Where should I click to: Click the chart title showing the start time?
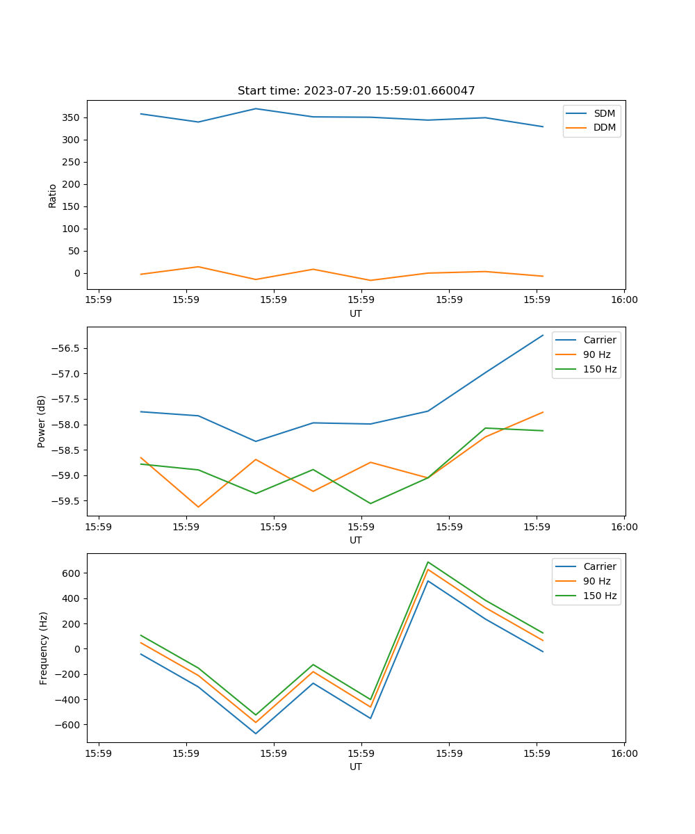click(x=356, y=91)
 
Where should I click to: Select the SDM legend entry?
click(x=604, y=113)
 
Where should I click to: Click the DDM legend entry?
click(x=604, y=127)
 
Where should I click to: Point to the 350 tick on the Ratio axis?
click(x=72, y=117)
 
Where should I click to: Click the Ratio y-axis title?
click(x=53, y=196)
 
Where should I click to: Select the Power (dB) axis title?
click(x=42, y=421)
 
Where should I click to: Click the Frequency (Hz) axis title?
click(x=43, y=648)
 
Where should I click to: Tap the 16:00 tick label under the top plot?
click(x=624, y=300)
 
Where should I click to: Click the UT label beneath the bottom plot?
click(x=356, y=767)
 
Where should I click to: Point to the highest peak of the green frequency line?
click(x=428, y=562)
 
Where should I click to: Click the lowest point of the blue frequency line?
click(x=256, y=733)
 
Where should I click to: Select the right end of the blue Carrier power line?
click(x=543, y=335)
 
